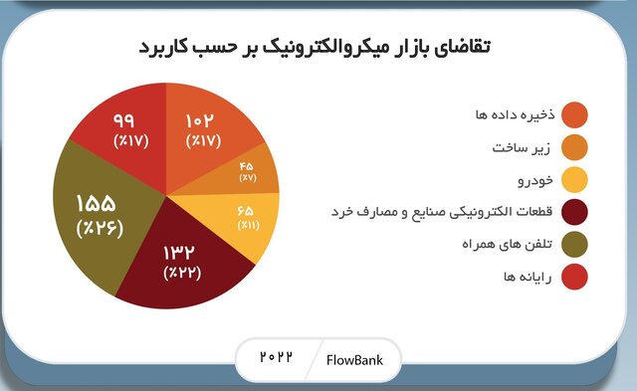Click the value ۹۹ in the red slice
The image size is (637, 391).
click(x=130, y=120)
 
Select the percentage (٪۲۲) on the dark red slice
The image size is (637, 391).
click(x=184, y=272)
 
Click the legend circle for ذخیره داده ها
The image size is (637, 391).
click(x=574, y=116)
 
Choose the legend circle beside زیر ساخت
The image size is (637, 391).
click(x=574, y=148)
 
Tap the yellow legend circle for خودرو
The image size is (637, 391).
click(x=574, y=180)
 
